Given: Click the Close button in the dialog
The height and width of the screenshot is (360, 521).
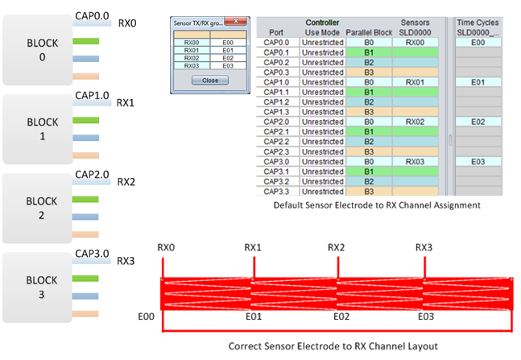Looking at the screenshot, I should click(x=209, y=81).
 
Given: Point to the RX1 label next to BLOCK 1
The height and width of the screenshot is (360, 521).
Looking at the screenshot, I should click(x=126, y=103).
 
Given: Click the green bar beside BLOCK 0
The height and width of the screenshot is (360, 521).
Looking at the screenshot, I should click(x=86, y=41).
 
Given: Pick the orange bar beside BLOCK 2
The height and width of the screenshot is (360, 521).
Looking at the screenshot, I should click(x=86, y=234).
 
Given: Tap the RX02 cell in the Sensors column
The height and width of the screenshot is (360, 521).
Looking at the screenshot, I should click(x=416, y=122).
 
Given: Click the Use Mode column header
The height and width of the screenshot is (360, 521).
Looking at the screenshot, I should click(x=322, y=31).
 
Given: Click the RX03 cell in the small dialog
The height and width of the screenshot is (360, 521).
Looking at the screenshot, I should click(x=192, y=65).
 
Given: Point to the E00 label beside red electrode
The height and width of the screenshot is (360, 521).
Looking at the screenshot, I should click(x=147, y=318).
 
